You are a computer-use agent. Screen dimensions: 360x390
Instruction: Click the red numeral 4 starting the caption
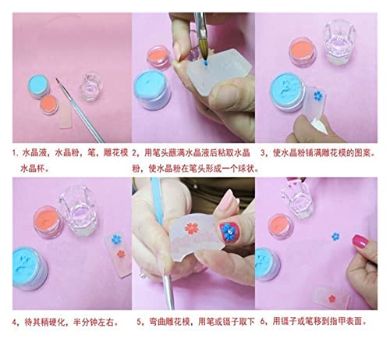(x=14, y=322)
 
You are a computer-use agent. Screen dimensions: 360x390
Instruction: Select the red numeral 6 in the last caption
(x=263, y=322)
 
